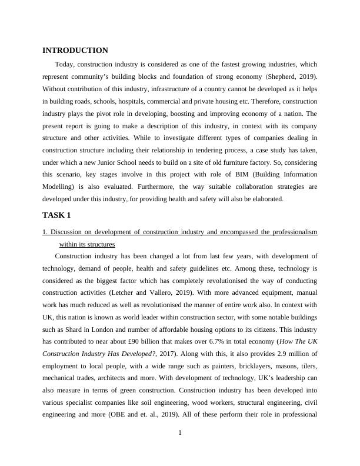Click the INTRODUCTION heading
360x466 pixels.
[x=75, y=51]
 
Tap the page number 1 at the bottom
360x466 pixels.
[x=180, y=434]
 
